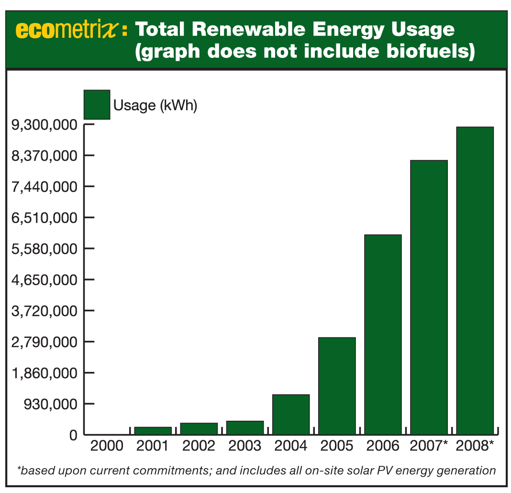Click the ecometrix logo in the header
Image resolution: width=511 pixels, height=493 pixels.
tap(67, 30)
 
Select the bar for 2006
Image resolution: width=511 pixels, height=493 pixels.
tap(383, 335)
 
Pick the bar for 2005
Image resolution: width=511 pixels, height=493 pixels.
tap(337, 386)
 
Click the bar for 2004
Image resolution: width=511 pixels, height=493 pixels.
tap(291, 415)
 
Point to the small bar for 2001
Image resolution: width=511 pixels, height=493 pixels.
tap(153, 431)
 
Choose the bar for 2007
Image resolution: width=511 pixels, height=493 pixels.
tap(429, 297)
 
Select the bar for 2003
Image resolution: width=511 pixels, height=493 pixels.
tap(245, 427)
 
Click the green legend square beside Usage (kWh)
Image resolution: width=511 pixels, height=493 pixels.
tap(97, 104)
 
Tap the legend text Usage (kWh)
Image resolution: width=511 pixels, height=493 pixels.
tap(155, 105)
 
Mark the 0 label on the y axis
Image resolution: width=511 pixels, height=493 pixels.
tap(73, 435)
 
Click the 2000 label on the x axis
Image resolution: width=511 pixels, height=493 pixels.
tap(107, 446)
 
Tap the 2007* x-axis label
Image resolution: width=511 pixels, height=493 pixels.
tap(429, 446)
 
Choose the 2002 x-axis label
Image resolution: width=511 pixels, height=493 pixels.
tap(199, 446)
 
